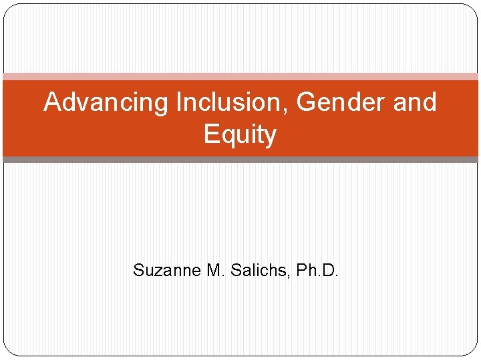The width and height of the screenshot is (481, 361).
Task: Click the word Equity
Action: tap(240, 135)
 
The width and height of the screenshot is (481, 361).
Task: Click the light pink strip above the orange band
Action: tap(240, 77)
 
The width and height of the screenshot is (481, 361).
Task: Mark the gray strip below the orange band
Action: tap(240, 160)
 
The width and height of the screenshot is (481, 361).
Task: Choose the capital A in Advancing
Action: tap(52, 102)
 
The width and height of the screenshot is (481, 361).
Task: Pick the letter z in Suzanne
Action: tap(153, 272)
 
